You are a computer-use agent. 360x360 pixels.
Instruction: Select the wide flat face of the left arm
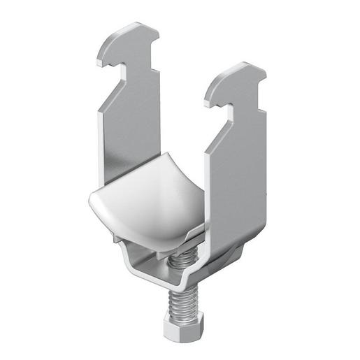(133, 140)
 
